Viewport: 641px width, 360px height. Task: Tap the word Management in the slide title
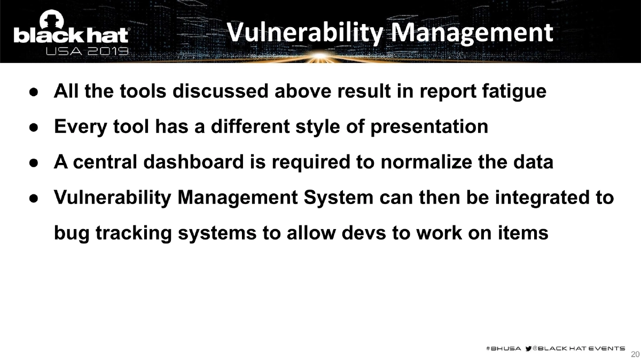(474, 32)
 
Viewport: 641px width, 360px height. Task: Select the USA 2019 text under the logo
(87, 51)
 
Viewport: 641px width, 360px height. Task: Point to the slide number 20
(635, 354)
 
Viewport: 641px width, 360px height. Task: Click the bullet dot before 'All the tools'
(32, 92)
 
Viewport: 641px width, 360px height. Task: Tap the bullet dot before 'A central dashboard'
(32, 163)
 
